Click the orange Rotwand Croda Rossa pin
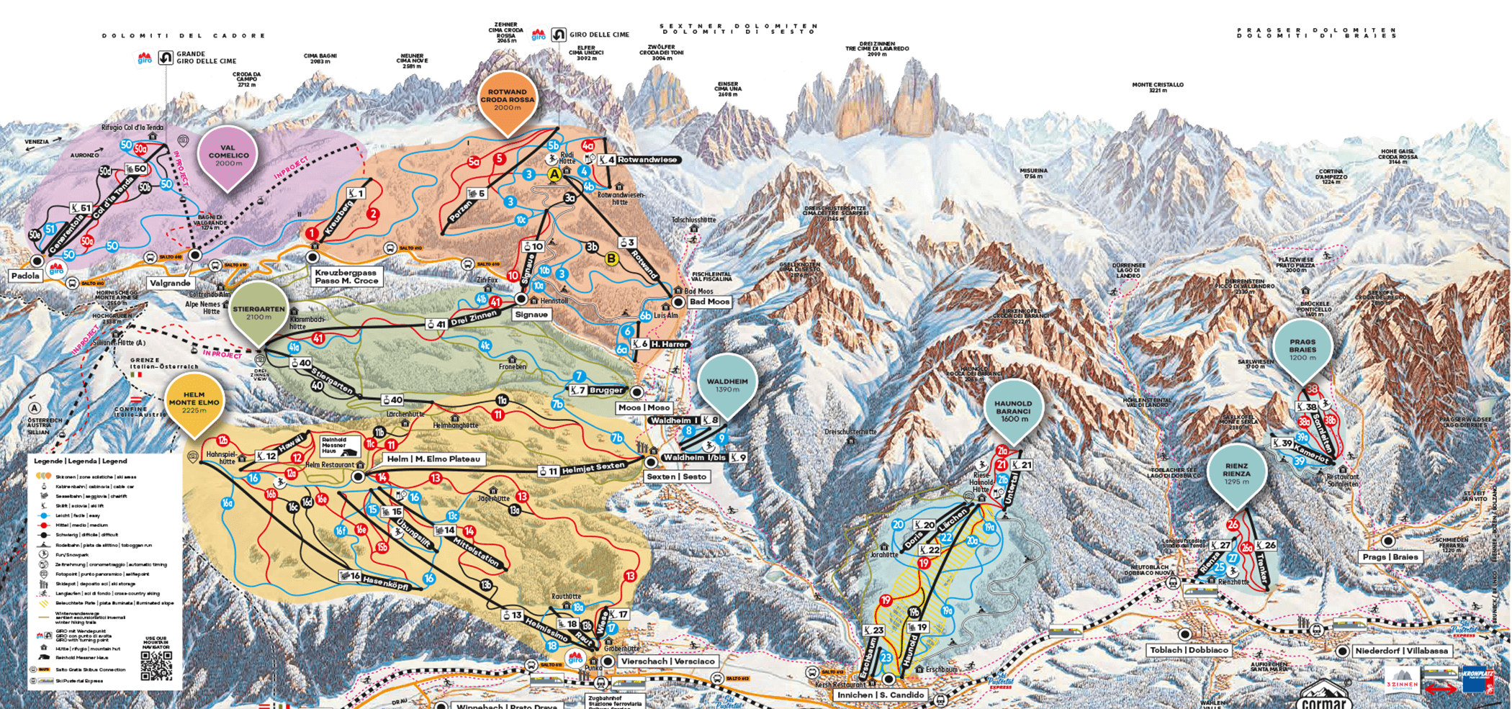click(508, 101)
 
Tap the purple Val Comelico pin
click(228, 155)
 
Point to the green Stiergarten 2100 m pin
click(258, 313)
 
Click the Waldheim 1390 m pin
click(727, 385)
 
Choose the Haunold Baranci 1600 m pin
click(1013, 411)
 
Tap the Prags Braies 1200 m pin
click(1302, 349)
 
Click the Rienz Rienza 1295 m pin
click(1236, 474)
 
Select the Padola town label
click(25, 276)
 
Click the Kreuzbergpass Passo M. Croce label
click(346, 276)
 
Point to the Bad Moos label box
click(708, 302)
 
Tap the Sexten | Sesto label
click(677, 477)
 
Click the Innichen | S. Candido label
click(880, 695)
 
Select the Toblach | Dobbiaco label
click(1189, 650)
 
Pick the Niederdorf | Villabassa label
click(1401, 651)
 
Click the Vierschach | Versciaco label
click(667, 661)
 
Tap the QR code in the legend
click(156, 666)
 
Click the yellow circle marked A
click(554, 174)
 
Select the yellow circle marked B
click(612, 258)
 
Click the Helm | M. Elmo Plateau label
click(433, 459)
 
